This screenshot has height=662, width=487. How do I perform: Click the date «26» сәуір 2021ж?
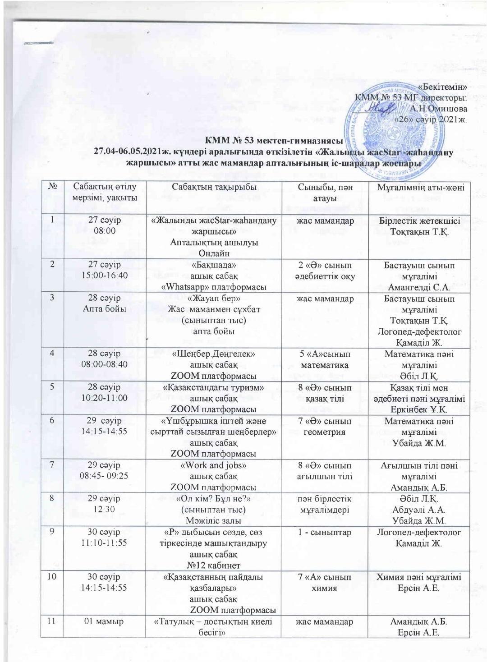[431, 120]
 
